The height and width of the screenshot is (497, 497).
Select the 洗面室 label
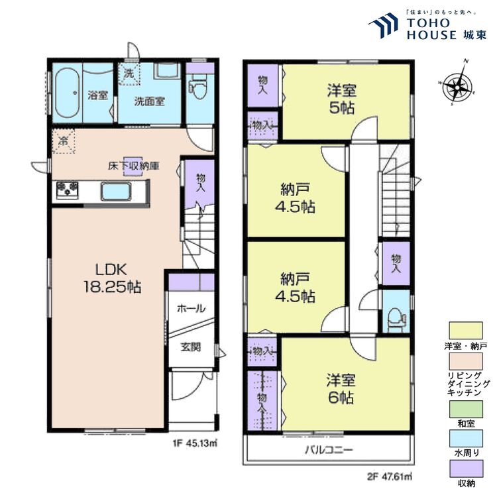[x=150, y=101]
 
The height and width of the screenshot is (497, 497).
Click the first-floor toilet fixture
[x=198, y=87]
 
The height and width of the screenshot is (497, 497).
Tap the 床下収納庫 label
[x=135, y=165]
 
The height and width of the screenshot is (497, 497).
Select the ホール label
[x=191, y=309]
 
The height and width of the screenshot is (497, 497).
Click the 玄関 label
[x=191, y=347]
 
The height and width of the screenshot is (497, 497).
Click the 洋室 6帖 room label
[x=341, y=389]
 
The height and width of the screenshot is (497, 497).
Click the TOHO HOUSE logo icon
[x=384, y=27]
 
